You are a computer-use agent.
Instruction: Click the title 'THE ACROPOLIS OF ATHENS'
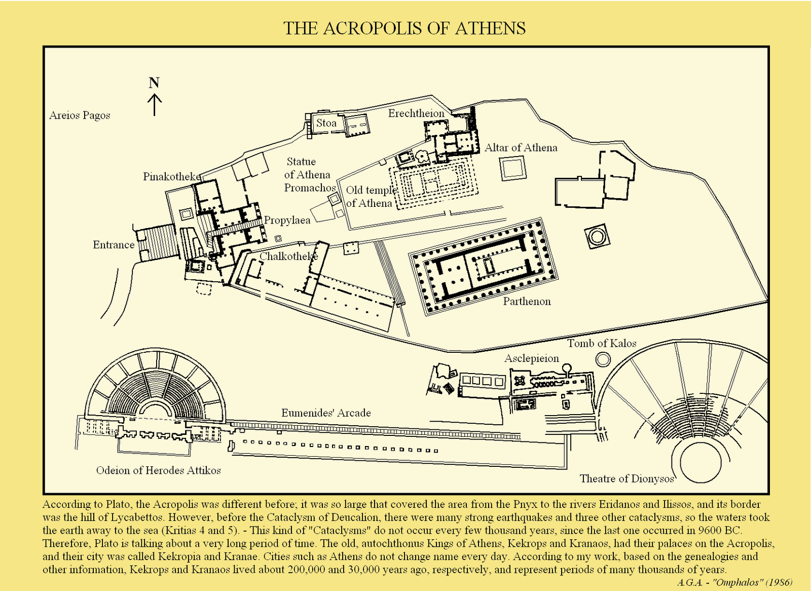coord(404,28)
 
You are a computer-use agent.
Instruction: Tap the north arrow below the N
coord(155,104)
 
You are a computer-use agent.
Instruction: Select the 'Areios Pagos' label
coord(80,116)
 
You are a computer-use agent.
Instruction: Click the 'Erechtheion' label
coord(416,114)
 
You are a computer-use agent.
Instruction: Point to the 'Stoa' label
coord(326,123)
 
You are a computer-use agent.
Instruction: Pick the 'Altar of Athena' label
coord(521,148)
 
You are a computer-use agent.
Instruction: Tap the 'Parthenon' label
coord(527,301)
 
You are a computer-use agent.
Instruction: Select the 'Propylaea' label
coord(287,220)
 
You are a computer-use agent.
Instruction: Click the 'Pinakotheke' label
coord(172,177)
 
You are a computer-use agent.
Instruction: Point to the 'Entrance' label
coord(114,245)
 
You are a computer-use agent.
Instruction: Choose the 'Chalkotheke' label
coord(289,256)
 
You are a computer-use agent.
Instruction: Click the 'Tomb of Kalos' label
coord(601,343)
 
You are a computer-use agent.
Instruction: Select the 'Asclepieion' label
coord(532,358)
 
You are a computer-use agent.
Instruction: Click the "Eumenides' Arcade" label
coord(326,413)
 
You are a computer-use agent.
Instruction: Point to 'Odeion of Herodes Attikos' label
coord(159,470)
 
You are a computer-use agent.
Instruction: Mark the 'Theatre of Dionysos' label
coord(626,479)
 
